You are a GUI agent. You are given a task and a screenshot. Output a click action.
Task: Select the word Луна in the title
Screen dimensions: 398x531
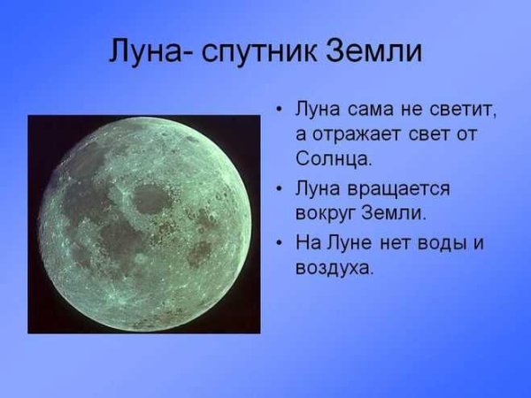point(142,51)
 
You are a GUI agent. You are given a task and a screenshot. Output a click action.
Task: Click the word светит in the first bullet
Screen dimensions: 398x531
point(461,111)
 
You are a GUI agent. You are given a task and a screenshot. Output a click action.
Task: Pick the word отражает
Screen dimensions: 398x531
point(354,135)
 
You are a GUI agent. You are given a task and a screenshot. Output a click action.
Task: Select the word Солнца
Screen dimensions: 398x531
point(333,160)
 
